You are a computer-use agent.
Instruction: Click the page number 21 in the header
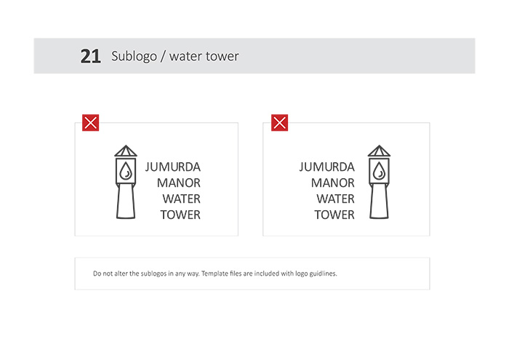[x=91, y=57]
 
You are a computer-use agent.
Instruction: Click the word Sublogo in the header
[x=134, y=57]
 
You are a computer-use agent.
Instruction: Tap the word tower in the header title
[x=223, y=57]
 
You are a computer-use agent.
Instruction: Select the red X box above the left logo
[x=91, y=123]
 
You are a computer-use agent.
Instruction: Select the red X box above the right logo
[x=279, y=123]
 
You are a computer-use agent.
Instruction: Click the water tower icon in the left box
[x=126, y=182]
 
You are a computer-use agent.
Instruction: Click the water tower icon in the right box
[x=379, y=182]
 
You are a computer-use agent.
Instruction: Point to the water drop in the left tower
[x=126, y=171]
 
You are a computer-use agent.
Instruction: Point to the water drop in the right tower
[x=379, y=171]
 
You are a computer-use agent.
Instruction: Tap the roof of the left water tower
[x=126, y=151]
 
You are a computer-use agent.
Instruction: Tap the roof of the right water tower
[x=379, y=151]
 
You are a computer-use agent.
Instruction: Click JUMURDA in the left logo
[x=173, y=167]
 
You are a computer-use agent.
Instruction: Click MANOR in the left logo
[x=179, y=183]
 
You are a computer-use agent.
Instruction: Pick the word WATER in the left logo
[x=182, y=199]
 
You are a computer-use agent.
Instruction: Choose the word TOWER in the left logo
[x=180, y=215]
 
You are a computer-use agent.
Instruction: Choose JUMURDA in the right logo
[x=327, y=167]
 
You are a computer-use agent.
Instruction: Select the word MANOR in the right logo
[x=333, y=183]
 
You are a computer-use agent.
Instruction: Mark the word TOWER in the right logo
[x=334, y=215]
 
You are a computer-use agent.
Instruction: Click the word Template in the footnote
[x=215, y=273]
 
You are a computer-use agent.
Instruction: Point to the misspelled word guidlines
[x=323, y=273]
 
